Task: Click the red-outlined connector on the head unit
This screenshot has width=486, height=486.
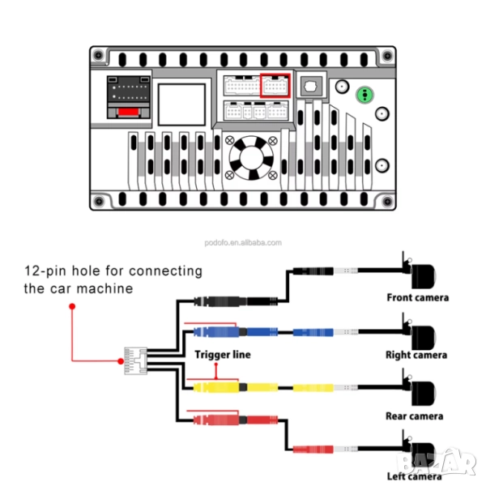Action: coord(275,85)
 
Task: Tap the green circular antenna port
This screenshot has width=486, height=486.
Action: coord(366,95)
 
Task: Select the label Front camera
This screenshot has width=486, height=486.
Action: coord(417,297)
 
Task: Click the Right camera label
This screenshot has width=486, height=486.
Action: coord(416,355)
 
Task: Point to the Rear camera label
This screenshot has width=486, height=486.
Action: coord(415,416)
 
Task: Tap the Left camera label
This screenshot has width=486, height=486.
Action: coord(413,476)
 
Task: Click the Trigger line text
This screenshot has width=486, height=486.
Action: coord(223,354)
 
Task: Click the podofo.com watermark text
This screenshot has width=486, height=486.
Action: coord(243,242)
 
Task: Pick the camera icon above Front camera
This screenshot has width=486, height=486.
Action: coord(416,273)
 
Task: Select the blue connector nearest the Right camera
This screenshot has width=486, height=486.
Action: coord(312,332)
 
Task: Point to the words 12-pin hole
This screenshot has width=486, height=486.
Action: coord(65,271)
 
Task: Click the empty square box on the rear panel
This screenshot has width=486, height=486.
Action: coord(181,103)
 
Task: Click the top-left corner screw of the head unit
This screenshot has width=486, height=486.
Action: coord(98,55)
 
